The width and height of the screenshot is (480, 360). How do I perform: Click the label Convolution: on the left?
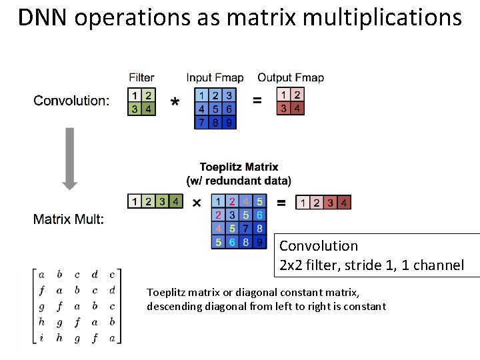click(x=71, y=101)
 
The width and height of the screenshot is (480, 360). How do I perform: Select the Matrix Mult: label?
click(x=69, y=219)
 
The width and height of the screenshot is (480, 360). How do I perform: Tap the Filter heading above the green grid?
click(x=141, y=78)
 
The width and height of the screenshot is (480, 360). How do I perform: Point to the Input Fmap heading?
click(x=215, y=78)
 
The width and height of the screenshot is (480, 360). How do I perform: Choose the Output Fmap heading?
click(x=291, y=78)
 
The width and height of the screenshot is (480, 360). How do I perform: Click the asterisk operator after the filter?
click(x=175, y=102)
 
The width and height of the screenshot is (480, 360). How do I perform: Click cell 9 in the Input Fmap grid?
click(x=229, y=122)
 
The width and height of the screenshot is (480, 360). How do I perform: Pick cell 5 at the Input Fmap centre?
click(x=215, y=109)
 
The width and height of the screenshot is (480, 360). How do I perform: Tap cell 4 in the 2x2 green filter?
click(x=148, y=109)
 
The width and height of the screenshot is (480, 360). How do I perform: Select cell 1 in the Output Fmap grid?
click(x=284, y=95)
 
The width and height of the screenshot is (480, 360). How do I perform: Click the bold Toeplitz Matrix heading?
click(x=239, y=167)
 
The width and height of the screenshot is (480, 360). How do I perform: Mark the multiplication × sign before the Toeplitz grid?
click(x=197, y=202)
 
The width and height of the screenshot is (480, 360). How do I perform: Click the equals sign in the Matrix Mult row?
click(x=281, y=201)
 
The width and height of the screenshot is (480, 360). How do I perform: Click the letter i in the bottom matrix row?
click(x=42, y=339)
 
